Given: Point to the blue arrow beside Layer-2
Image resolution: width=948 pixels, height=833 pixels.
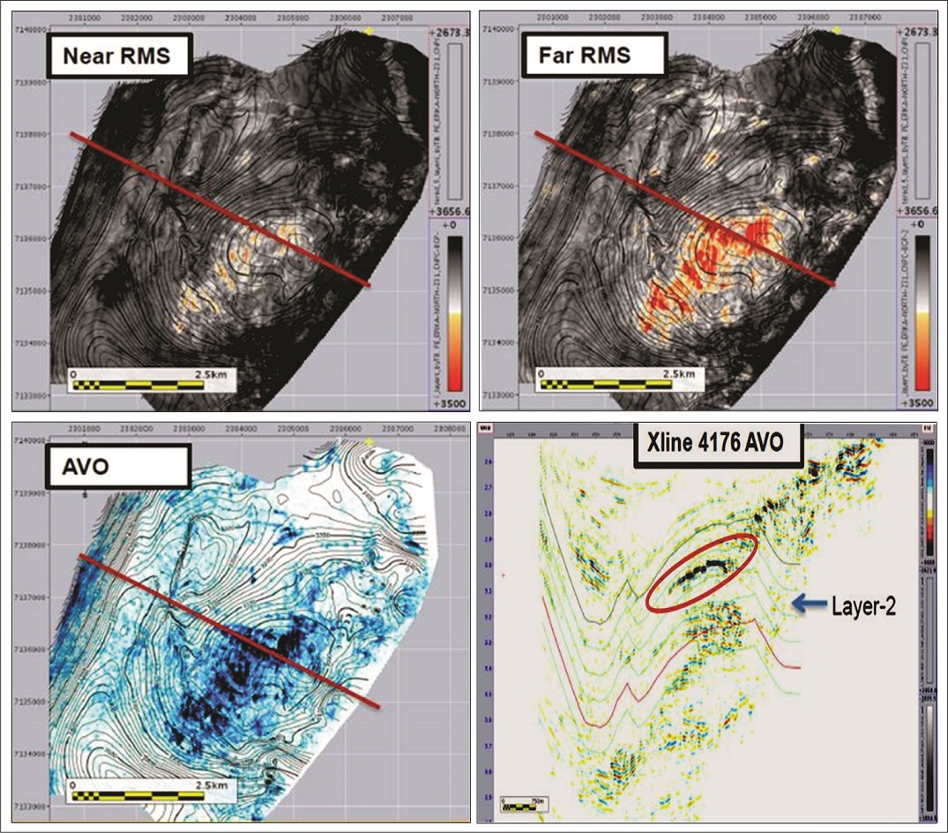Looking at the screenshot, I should (808, 603).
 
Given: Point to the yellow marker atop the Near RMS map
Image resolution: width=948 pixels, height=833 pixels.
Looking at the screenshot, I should (369, 30).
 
